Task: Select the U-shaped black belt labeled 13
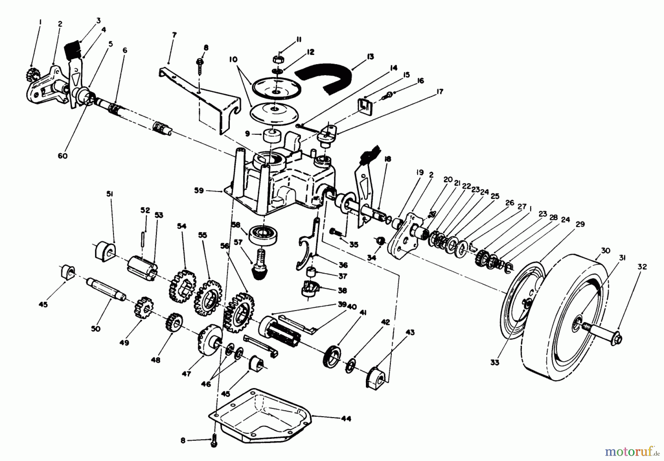pyautogui.click(x=325, y=76)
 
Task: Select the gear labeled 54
pyautogui.click(x=181, y=286)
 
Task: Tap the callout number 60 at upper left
pyautogui.click(x=63, y=156)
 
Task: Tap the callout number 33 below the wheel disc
pyautogui.click(x=495, y=362)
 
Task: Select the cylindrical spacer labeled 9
pyautogui.click(x=271, y=139)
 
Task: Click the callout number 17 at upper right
pyautogui.click(x=439, y=92)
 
